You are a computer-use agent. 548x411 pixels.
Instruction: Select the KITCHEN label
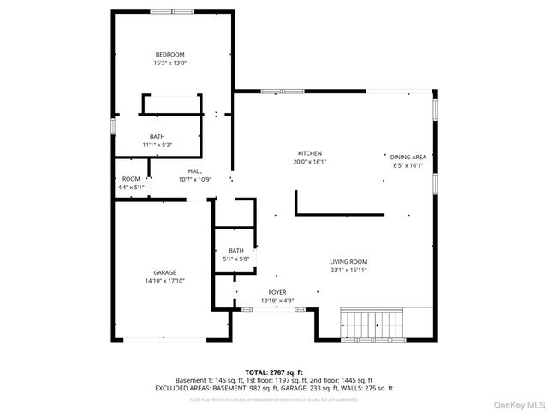point(310,153)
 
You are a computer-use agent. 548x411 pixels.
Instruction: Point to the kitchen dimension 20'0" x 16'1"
point(310,161)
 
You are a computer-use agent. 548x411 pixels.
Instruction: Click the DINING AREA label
point(408,158)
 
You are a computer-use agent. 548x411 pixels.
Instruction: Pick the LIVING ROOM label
point(348,262)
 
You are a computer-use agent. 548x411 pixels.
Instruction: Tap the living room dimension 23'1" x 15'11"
point(348,270)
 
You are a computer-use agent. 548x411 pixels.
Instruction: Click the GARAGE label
point(165,272)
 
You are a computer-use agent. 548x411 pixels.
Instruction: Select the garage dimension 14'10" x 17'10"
point(165,280)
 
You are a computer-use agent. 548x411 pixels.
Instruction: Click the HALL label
point(195,171)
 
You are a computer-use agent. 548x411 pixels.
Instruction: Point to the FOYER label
point(277,292)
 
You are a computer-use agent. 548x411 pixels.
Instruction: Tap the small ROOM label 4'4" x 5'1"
point(131,179)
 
